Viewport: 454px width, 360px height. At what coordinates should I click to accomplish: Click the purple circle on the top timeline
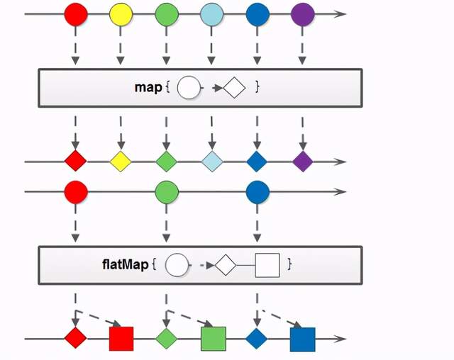point(303,14)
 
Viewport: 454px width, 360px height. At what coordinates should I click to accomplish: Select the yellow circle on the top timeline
point(121,14)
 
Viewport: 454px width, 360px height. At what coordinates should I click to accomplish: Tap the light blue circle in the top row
point(212,14)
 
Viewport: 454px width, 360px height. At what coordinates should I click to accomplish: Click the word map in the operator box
point(148,88)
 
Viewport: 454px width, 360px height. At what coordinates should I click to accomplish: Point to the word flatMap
point(126,264)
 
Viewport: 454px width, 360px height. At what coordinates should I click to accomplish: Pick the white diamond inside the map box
point(234,88)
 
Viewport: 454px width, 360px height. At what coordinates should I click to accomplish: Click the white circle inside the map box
point(188,88)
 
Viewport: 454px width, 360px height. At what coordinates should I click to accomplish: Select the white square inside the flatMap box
point(267,265)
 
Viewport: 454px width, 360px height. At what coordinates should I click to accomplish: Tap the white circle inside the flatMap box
point(177,265)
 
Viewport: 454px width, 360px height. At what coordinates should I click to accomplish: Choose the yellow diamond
point(121,162)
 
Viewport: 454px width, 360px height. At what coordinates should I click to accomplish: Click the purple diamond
point(303,162)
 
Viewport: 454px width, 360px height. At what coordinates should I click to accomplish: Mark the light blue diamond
point(212,162)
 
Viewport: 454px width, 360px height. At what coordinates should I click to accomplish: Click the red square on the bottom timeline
point(121,339)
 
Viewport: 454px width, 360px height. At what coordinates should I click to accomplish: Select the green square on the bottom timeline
point(213,339)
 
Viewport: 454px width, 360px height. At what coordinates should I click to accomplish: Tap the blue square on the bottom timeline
point(303,339)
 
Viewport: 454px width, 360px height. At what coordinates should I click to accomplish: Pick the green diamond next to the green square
point(167,338)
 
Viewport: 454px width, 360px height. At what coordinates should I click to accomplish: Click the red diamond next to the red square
point(75,338)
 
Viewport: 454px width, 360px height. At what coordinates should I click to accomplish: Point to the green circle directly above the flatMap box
point(167,191)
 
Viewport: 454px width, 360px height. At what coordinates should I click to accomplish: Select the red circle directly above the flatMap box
point(75,191)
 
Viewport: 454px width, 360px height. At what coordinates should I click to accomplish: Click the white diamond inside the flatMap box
point(225,265)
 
